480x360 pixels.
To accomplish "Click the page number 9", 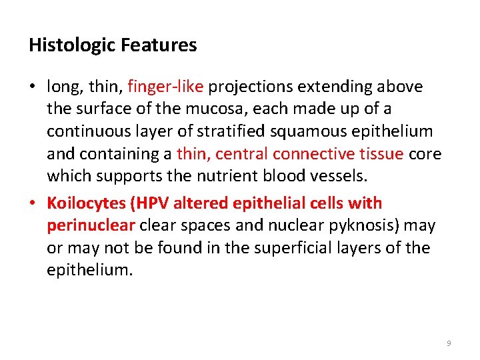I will pos(449,343).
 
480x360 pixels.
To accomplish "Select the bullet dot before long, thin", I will pos(33,87).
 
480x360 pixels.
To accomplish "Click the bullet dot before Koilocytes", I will pos(33,203).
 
